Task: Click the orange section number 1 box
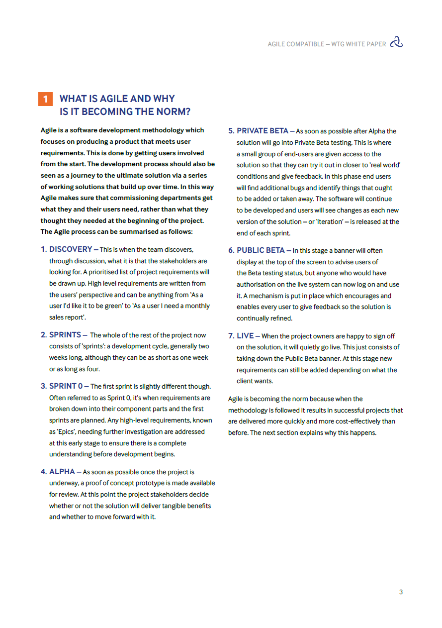tap(45, 99)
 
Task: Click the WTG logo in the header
tap(396, 43)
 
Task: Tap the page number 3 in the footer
tap(401, 592)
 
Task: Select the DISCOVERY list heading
tap(71, 249)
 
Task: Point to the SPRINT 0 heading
tap(66, 386)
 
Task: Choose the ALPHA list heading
tap(62, 472)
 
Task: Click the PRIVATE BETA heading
tap(262, 131)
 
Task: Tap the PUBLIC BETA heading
tap(261, 250)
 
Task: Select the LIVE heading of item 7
tap(245, 336)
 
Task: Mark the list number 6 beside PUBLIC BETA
tap(231, 250)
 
